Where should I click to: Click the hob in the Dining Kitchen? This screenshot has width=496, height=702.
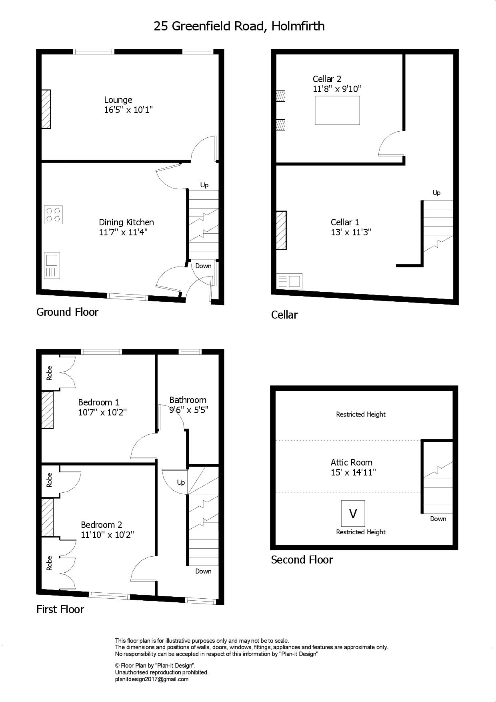(53, 214)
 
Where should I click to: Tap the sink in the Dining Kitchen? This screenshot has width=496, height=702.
(52, 266)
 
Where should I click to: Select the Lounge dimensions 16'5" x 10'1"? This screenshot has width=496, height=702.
(128, 110)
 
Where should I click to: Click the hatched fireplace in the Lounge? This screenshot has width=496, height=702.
(46, 109)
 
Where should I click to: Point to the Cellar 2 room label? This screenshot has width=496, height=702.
(327, 79)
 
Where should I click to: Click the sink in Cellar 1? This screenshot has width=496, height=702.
(289, 281)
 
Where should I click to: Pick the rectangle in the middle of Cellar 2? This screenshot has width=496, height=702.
(337, 110)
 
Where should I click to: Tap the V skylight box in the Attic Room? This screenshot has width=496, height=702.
(353, 513)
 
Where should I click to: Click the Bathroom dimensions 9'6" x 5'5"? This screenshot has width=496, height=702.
(189, 410)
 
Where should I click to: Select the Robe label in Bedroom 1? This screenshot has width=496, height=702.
(50, 373)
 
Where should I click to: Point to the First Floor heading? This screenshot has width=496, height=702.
(60, 609)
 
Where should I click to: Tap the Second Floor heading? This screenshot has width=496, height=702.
(302, 560)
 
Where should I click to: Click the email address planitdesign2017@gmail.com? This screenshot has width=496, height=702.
(152, 679)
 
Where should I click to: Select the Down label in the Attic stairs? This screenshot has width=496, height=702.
(438, 519)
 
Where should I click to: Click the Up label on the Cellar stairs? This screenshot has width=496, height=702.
(436, 193)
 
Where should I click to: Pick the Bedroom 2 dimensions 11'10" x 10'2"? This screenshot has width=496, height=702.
(107, 535)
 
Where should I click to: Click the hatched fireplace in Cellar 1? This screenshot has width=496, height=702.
(281, 231)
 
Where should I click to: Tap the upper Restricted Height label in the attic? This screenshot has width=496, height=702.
(361, 414)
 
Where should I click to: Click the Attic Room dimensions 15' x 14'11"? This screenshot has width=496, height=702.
(353, 472)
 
